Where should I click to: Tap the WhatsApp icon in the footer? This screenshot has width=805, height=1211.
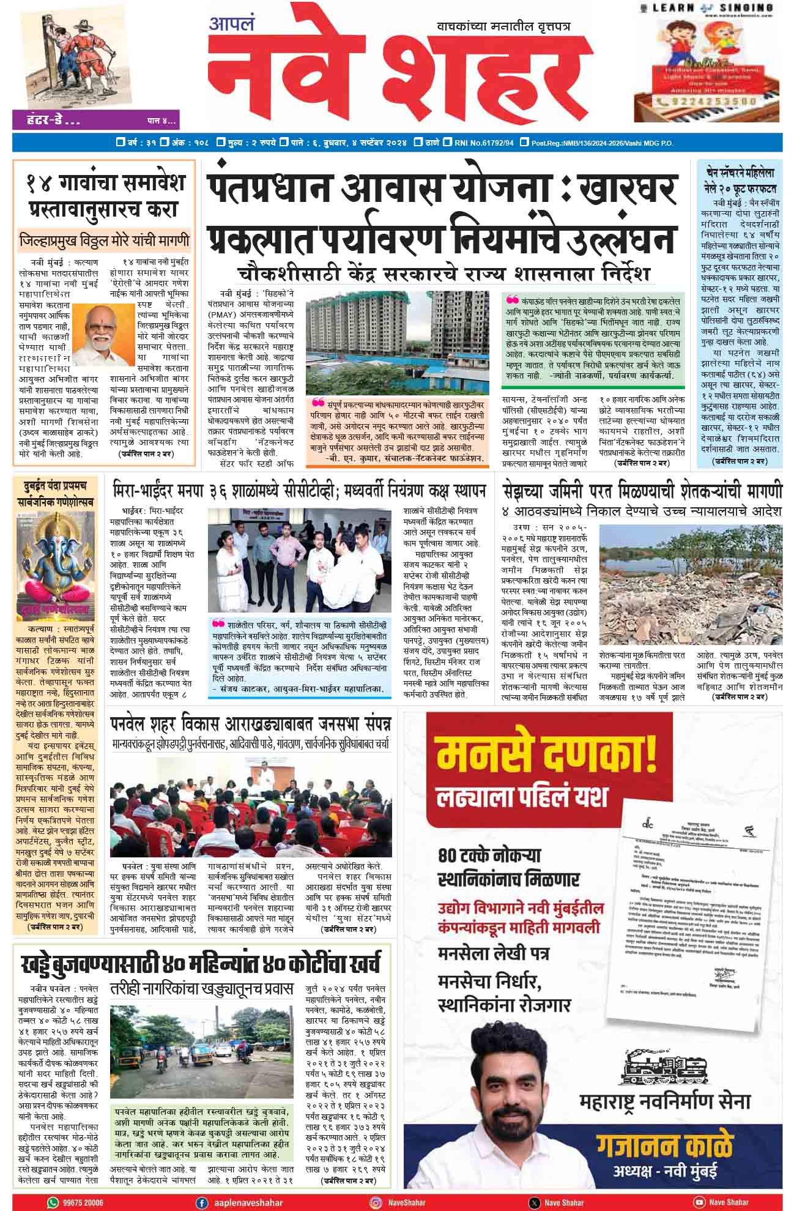[x=53, y=1202]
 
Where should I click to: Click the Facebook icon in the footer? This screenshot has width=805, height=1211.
[x=201, y=1202]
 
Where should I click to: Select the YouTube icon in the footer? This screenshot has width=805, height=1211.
[x=699, y=1202]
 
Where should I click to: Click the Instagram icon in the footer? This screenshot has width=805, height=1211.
[x=376, y=1202]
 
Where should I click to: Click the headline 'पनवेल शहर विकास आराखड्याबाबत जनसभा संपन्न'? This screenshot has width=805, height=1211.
[x=250, y=725]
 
